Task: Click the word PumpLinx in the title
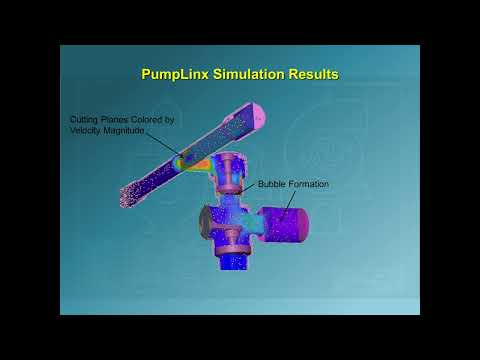[173, 74]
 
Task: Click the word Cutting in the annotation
[84, 120]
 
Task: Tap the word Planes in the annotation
[115, 120]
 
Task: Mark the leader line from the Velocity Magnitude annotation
[163, 144]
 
